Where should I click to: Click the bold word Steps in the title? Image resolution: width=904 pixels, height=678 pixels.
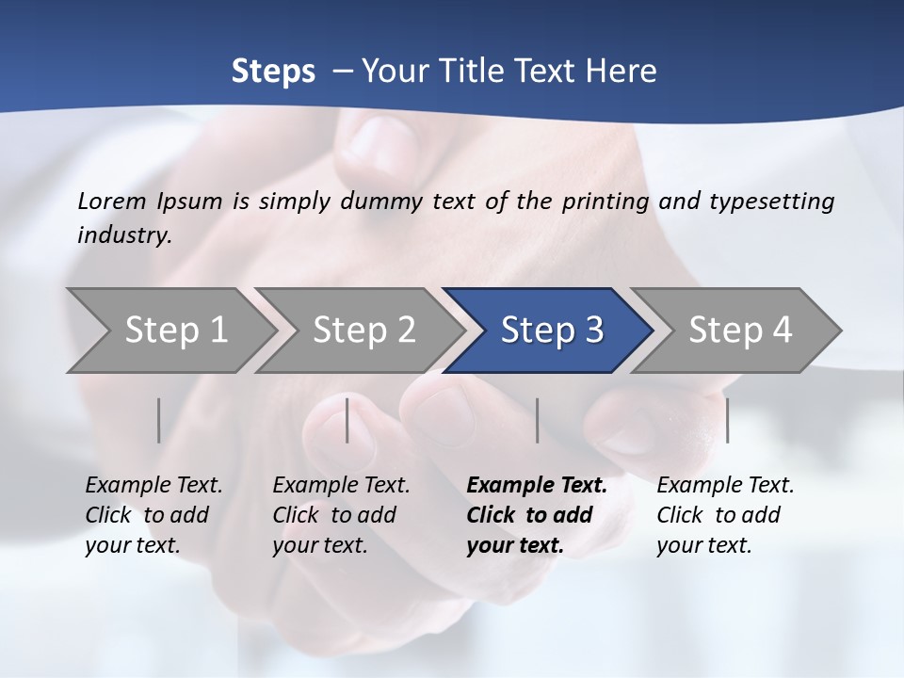tap(273, 71)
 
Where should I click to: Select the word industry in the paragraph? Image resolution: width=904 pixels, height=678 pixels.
tap(123, 234)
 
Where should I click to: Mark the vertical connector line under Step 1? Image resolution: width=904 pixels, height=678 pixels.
tap(159, 420)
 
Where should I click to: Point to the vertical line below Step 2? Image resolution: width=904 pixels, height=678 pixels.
tap(347, 420)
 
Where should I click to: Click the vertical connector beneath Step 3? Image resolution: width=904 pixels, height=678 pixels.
tap(537, 420)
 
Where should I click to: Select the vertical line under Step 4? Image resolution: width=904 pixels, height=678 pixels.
tap(727, 420)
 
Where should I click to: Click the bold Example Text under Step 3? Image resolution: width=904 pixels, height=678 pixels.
tap(537, 486)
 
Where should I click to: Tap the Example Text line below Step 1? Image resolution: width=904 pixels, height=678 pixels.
tap(153, 486)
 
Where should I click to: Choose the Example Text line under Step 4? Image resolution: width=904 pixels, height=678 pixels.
tap(725, 486)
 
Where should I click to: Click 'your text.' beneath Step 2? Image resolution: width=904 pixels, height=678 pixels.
tap(319, 545)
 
